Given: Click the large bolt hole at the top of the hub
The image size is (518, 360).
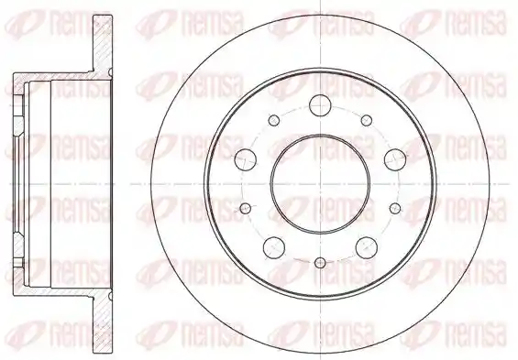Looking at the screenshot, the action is click(x=320, y=105).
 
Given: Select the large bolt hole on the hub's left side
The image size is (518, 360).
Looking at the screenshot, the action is click(x=246, y=159).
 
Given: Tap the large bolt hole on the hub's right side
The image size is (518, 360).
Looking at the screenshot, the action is click(x=395, y=159).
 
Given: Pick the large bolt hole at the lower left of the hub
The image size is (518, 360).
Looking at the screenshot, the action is click(x=274, y=246).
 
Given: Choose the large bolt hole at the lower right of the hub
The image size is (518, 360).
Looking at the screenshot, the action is click(x=367, y=246).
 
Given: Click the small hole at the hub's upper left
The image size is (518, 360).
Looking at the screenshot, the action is click(x=274, y=120).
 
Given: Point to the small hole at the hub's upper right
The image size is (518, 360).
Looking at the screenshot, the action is click(x=367, y=120).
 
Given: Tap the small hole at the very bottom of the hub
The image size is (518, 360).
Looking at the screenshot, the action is click(x=320, y=263).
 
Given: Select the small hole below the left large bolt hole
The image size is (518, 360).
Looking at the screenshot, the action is click(x=246, y=208).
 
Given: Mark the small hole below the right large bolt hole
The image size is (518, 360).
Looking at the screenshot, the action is click(x=395, y=208).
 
